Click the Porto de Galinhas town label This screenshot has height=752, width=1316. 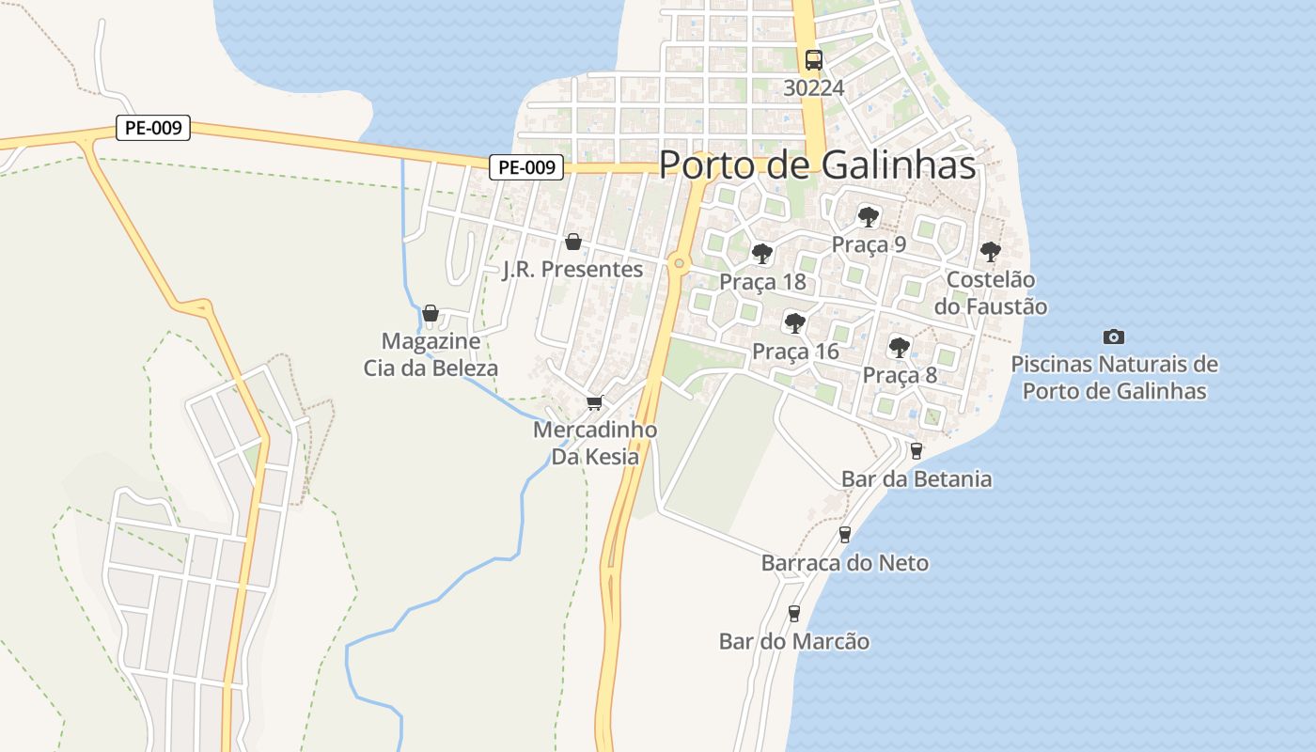pyautogui.click(x=817, y=164)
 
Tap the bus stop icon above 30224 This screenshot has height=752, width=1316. pyautogui.click(x=813, y=60)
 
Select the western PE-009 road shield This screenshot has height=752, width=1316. pyautogui.click(x=153, y=127)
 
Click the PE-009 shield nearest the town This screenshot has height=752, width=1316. pyautogui.click(x=526, y=167)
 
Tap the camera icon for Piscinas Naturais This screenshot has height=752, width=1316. pyautogui.click(x=1114, y=337)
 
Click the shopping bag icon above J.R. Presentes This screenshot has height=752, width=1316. pyautogui.click(x=573, y=243)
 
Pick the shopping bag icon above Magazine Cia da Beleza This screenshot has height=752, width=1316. pyautogui.click(x=431, y=313)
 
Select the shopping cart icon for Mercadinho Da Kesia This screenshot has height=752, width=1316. pyautogui.click(x=594, y=403)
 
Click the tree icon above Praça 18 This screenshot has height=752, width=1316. pyautogui.click(x=762, y=254)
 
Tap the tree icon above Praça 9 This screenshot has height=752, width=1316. pyautogui.click(x=869, y=217)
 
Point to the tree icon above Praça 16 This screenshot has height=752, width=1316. pyautogui.click(x=794, y=323)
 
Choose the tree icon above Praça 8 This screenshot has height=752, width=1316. pyautogui.click(x=900, y=347)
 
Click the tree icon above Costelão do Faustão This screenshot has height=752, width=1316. pyautogui.click(x=990, y=251)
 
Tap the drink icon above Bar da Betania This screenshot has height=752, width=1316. pyautogui.click(x=916, y=450)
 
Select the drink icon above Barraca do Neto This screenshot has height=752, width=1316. pyautogui.click(x=844, y=535)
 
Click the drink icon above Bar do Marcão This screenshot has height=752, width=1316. pyautogui.click(x=794, y=614)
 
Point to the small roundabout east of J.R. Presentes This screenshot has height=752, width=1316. pyautogui.click(x=679, y=263)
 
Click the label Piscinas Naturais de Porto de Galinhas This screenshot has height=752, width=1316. pyautogui.click(x=1114, y=377)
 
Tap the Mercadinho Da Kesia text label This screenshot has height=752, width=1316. pyautogui.click(x=595, y=443)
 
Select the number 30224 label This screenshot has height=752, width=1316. pyautogui.click(x=814, y=87)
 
